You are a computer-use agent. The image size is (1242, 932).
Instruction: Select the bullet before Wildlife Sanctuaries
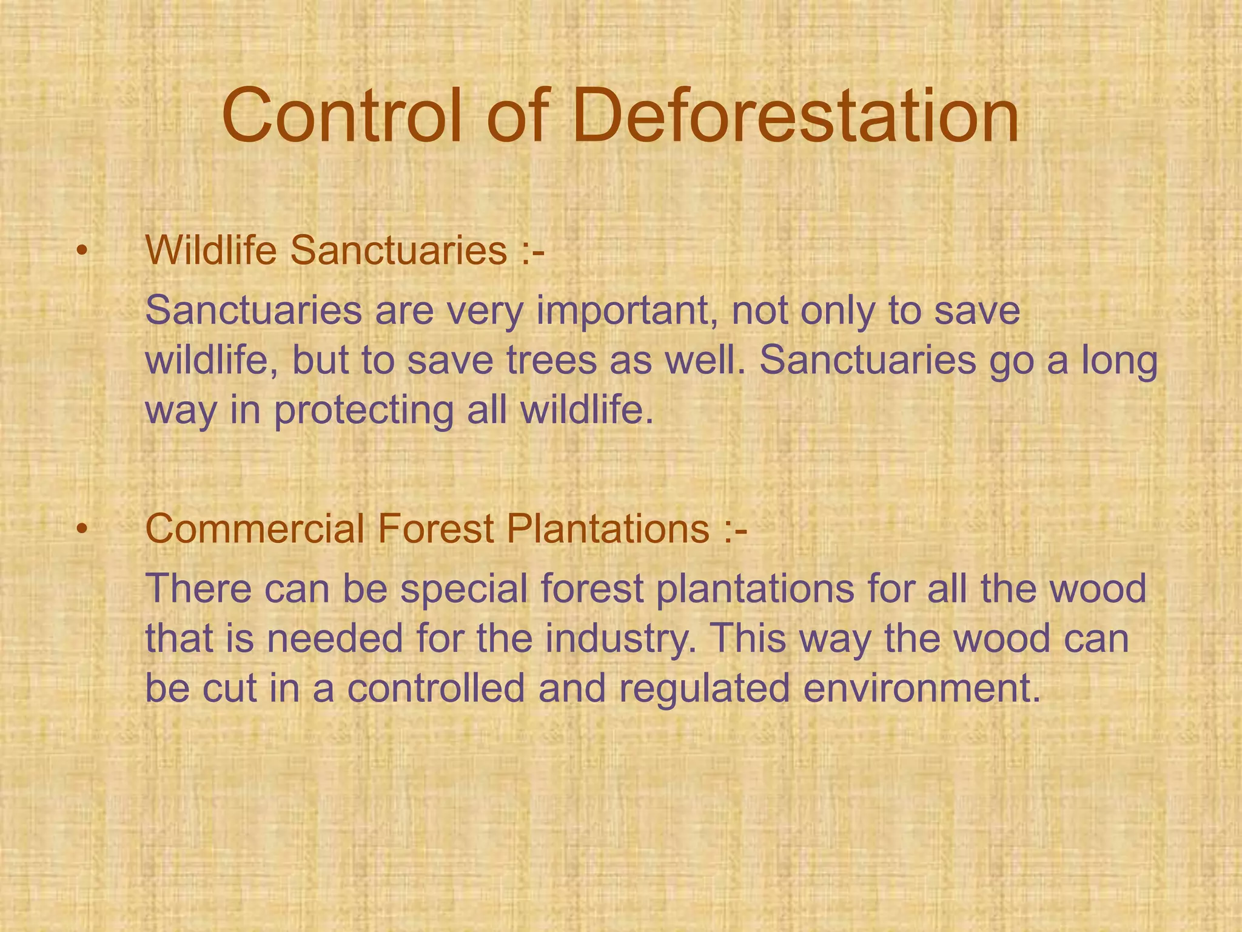(82, 251)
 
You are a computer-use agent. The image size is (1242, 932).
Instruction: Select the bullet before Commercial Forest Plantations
(82, 528)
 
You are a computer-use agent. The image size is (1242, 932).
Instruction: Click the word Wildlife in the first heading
(212, 249)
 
